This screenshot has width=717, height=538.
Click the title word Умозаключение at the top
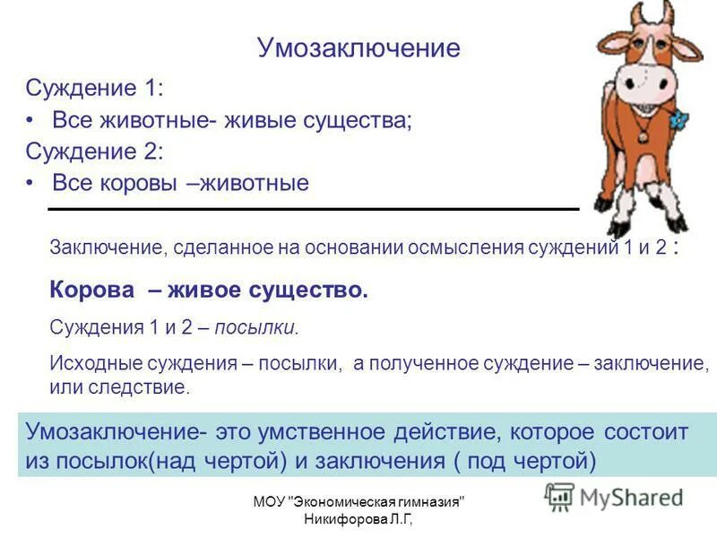click(358, 48)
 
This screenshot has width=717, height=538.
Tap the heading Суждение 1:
click(95, 89)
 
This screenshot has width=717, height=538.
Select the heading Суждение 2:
click(95, 151)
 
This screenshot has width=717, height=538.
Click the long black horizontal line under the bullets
click(314, 209)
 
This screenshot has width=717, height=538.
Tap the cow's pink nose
click(640, 85)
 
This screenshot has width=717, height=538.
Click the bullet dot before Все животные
click(31, 120)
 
